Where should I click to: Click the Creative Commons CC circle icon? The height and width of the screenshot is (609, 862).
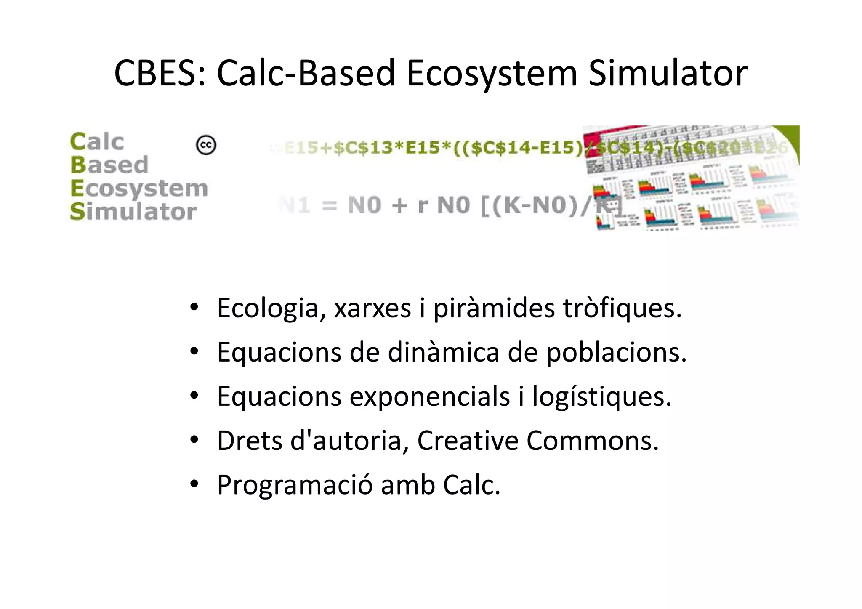[206, 145]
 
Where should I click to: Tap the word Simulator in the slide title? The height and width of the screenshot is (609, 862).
[668, 73]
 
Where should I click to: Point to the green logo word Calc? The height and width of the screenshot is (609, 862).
[97, 141]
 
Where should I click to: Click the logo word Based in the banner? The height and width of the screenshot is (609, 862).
[109, 165]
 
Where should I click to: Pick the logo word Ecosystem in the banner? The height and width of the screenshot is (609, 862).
[139, 189]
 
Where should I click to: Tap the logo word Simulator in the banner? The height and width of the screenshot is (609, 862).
[133, 211]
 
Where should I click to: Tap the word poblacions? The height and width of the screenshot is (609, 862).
[616, 352]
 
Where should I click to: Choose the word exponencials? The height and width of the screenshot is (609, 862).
[430, 396]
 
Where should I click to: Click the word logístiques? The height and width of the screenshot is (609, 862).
[601, 396]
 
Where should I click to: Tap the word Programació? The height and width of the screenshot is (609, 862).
[295, 485]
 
